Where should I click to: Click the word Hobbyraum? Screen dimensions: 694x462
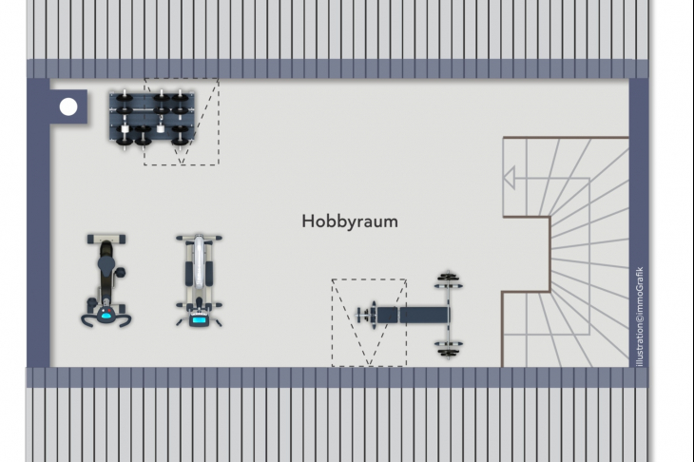coord(350,221)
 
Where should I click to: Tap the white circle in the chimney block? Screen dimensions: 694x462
coord(68,106)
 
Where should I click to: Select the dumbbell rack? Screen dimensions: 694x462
coord(152,118)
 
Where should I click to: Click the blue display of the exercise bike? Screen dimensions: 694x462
coord(106,315)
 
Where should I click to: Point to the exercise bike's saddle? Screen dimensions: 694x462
coord(106,265)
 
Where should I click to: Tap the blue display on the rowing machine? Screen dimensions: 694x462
coord(199,320)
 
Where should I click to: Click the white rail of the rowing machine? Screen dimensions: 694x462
coord(200,261)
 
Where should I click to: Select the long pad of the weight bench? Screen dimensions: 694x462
coord(424,315)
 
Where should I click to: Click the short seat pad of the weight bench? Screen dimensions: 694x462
coord(387,315)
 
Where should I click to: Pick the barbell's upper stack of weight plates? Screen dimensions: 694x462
coord(449,280)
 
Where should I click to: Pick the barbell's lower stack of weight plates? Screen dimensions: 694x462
coord(449,349)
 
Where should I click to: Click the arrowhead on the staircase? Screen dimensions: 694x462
coord(510,178)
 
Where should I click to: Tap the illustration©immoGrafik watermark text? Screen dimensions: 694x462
coord(640,317)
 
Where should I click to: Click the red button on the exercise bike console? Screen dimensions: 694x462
coord(109,311)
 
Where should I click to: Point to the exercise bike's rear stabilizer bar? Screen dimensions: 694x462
coord(106,240)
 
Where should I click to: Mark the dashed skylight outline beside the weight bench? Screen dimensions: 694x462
coord(369,322)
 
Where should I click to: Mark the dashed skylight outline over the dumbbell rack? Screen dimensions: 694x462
coord(182,122)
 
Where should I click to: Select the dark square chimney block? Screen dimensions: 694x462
coord(68,106)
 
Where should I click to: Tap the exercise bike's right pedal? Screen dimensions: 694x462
coord(120,273)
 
